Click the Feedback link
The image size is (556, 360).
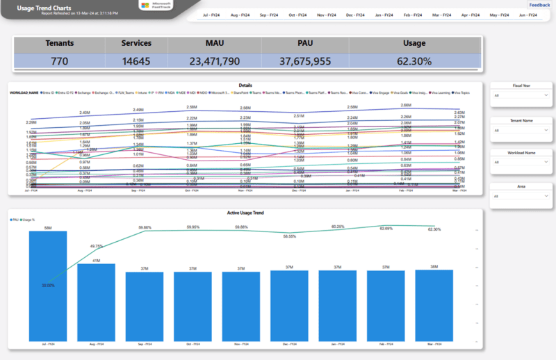coord(539,5)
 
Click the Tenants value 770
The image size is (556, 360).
coord(60,61)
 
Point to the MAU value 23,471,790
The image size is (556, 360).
coord(215,61)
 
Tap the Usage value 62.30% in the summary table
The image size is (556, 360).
coord(414,61)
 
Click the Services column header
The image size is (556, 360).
coord(136,43)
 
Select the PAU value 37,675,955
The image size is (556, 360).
coord(305,61)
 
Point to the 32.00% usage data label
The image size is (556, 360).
coord(48,285)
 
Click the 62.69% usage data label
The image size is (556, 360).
coord(386,228)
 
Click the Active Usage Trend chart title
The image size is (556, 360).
coord(245,213)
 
